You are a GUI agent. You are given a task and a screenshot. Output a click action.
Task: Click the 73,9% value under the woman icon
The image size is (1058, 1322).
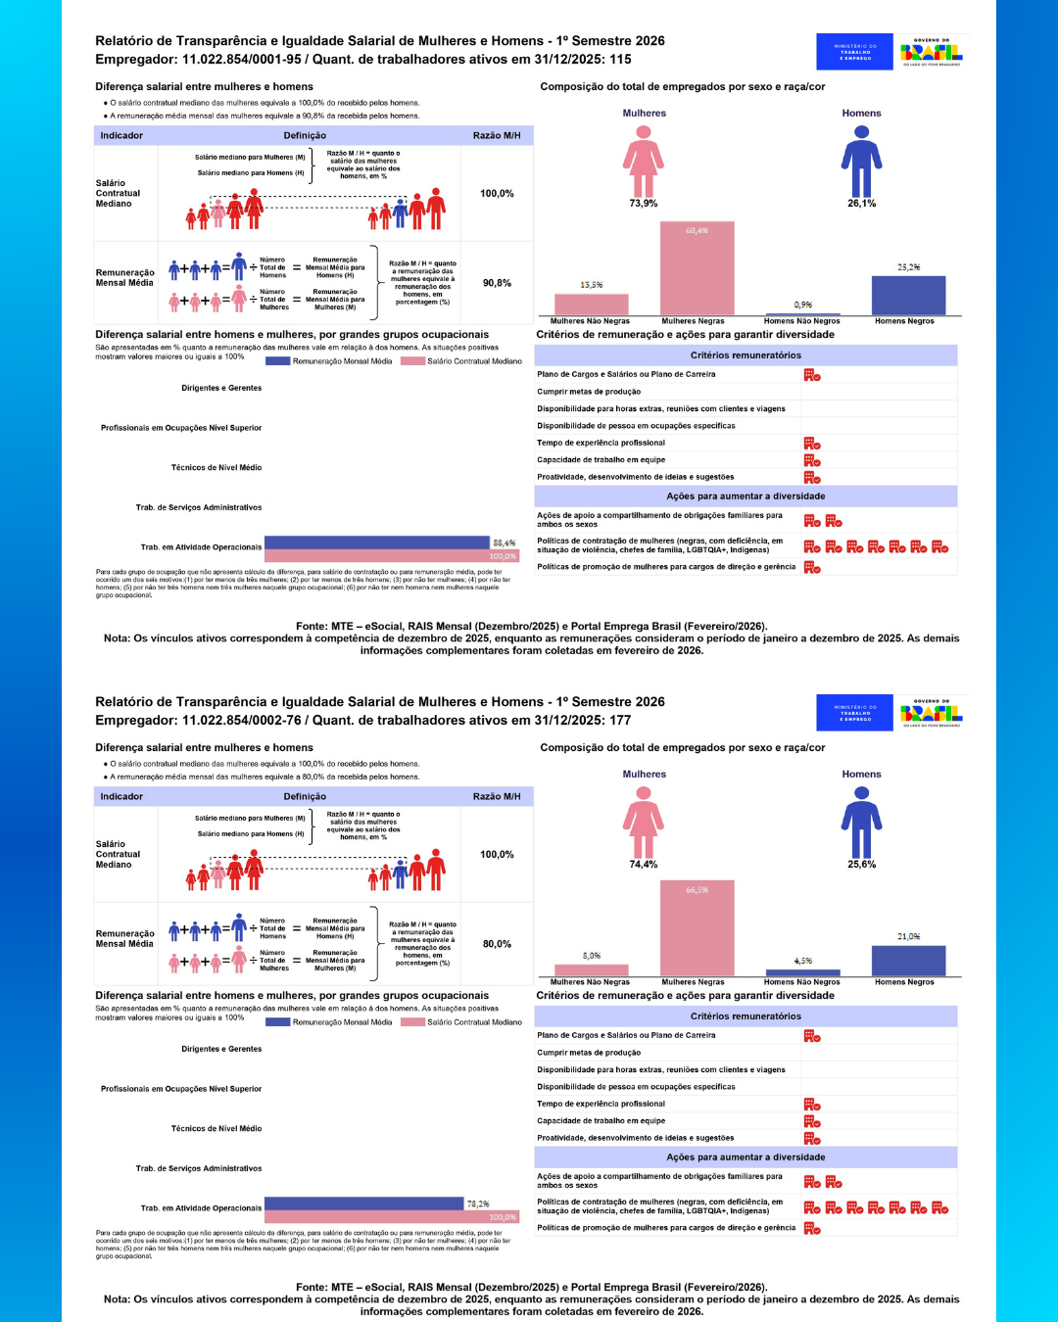pyautogui.click(x=644, y=204)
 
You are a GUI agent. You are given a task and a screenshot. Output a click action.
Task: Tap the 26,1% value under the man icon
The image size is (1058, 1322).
pyautogui.click(x=861, y=204)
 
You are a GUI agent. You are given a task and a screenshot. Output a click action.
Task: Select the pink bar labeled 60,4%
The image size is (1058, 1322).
pyautogui.click(x=697, y=268)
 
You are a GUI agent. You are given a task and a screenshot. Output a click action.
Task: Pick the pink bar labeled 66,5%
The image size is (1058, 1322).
pyautogui.click(x=697, y=927)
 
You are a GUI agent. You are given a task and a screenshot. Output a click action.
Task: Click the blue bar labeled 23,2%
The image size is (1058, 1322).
pyautogui.click(x=908, y=295)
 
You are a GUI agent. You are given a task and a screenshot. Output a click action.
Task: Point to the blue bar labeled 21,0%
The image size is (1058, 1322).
pyautogui.click(x=908, y=961)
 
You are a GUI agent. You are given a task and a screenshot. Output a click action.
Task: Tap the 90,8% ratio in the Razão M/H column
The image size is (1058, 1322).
pyautogui.click(x=497, y=283)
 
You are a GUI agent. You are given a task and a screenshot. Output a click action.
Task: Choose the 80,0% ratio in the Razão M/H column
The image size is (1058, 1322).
pyautogui.click(x=497, y=944)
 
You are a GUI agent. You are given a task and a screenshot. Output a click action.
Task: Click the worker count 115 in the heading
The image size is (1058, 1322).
pyautogui.click(x=620, y=59)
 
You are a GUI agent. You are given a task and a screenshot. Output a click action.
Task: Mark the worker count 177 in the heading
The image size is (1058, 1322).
pyautogui.click(x=620, y=720)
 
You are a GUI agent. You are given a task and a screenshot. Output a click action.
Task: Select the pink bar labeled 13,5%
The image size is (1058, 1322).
pyautogui.click(x=592, y=304)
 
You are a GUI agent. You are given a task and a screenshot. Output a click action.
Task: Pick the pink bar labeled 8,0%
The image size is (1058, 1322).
pyautogui.click(x=592, y=970)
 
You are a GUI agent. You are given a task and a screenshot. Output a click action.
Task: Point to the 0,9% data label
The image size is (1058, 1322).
pyautogui.click(x=803, y=305)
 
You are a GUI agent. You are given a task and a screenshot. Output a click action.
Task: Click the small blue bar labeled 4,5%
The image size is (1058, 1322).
pyautogui.click(x=803, y=972)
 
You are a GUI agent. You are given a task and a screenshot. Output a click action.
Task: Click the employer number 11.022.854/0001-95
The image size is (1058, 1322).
pyautogui.click(x=242, y=59)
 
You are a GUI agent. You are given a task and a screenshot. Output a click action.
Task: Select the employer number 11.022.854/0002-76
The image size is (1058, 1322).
pyautogui.click(x=242, y=720)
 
